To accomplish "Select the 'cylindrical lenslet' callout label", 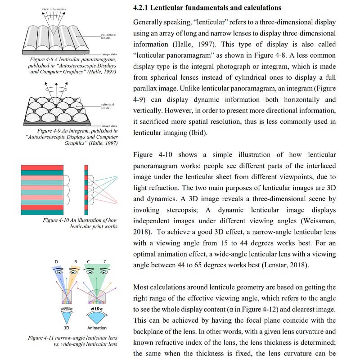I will point(109,36).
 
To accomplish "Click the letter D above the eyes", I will point(56,261).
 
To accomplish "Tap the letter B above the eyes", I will point(75,261).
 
